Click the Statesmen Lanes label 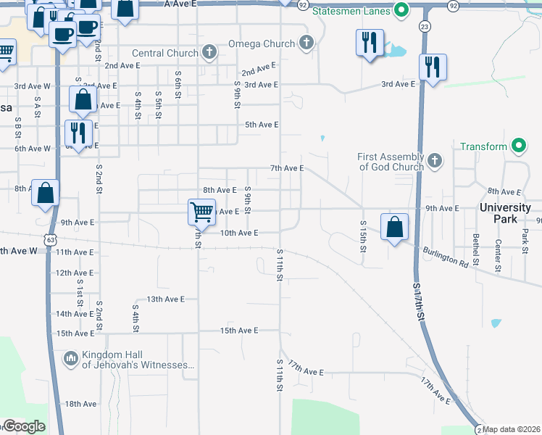[x=351, y=11]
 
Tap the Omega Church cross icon [x=306, y=43]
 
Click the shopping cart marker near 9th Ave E [x=202, y=211]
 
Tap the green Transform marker [x=518, y=146]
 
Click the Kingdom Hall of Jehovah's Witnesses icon [x=71, y=358]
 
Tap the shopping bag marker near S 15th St [x=393, y=228]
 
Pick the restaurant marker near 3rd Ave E [x=433, y=67]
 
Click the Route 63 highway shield [x=49, y=239]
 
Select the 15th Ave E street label [x=239, y=331]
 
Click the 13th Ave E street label [x=166, y=299]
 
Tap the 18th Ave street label [x=80, y=404]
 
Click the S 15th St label [x=363, y=236]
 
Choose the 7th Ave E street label [x=286, y=168]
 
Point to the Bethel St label [x=476, y=248]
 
